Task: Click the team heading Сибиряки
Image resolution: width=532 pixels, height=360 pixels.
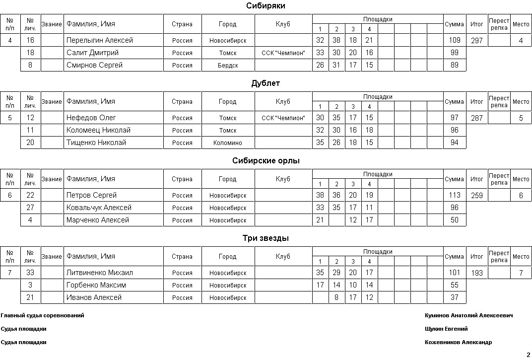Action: coord(266,6)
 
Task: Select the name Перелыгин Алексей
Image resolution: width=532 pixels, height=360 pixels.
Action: coord(99,40)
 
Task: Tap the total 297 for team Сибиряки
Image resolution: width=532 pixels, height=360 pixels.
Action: coord(476,41)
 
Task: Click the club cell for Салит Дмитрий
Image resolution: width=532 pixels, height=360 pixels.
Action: coord(283,53)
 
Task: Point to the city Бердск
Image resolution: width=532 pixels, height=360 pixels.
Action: coord(228,66)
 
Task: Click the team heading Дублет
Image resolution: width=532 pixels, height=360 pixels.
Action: coord(266,83)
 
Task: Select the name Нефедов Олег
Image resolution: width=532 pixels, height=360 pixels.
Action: coord(91,118)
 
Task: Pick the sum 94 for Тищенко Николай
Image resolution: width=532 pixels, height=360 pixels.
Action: coord(454,143)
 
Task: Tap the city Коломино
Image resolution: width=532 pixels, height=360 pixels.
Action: coord(228,143)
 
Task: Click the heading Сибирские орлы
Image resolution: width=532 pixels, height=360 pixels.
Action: coord(266,161)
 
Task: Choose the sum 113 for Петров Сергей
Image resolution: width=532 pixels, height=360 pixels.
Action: coord(454,196)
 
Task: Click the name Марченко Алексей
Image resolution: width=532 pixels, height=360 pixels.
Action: coord(98,220)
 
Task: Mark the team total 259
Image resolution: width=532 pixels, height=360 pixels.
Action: coord(476,196)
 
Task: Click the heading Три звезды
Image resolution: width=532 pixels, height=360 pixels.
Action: coord(266,238)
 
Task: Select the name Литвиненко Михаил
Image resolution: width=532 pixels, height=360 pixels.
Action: coord(100,273)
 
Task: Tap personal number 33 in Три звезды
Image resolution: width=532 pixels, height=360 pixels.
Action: coord(30,273)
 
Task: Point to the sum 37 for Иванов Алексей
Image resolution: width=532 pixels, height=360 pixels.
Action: coord(454,297)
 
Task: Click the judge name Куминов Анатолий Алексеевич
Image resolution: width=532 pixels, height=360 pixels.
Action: coord(468,315)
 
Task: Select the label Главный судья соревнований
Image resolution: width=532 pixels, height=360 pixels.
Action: coord(43,315)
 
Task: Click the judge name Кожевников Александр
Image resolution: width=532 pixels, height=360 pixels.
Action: coord(458,342)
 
